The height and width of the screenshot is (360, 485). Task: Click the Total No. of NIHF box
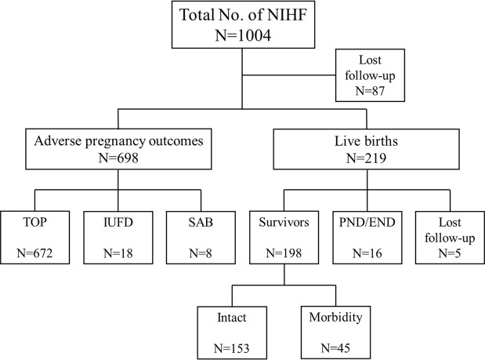(242, 25)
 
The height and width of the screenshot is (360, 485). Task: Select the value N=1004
(242, 35)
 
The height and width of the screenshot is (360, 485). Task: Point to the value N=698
(118, 162)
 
